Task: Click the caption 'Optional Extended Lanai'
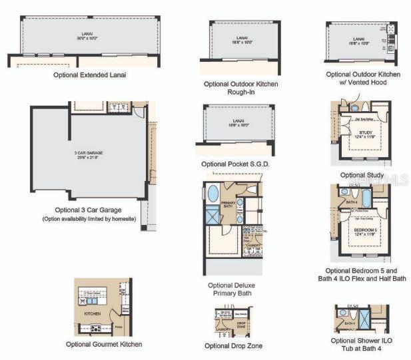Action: pos(90,75)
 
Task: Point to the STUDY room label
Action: pos(365,133)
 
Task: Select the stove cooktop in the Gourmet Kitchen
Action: pos(95,328)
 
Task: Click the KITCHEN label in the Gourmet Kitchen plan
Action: pos(91,312)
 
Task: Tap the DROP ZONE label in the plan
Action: pos(241,324)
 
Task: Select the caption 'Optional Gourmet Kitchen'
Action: pos(103,344)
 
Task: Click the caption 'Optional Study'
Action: pos(362,176)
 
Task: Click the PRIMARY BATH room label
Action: pos(228,204)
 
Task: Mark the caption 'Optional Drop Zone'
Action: pos(233,345)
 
